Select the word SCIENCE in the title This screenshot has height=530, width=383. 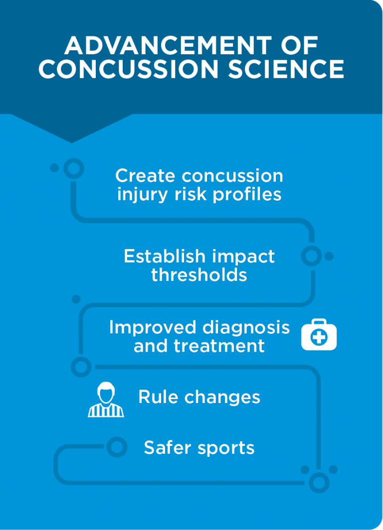pos(286,69)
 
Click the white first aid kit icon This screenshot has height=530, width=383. pos(319,335)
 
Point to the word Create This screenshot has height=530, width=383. pos(145,176)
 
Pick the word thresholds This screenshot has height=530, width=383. pos(199,275)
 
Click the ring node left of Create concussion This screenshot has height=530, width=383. pos(74,168)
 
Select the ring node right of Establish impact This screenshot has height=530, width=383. pos(311,257)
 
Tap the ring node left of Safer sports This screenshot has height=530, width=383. pos(117,447)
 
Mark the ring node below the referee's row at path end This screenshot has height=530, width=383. pos(319,482)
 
